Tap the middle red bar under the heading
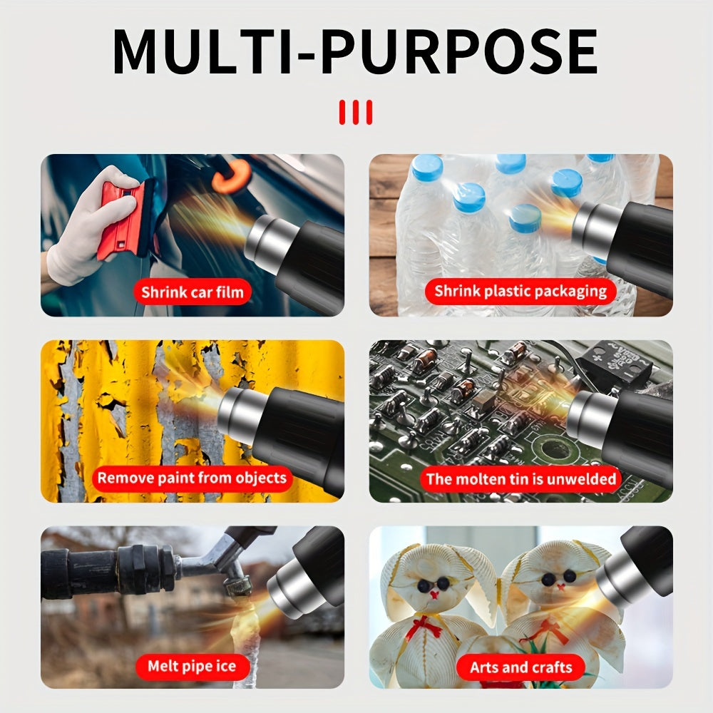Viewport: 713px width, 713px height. [x=355, y=112]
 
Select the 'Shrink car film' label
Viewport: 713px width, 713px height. [x=192, y=292]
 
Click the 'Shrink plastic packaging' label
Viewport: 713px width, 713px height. [x=520, y=291]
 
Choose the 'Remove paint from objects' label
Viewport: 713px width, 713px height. [x=192, y=478]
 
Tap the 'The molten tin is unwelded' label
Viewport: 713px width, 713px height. [x=520, y=478]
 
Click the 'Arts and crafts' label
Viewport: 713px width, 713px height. [x=520, y=667]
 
